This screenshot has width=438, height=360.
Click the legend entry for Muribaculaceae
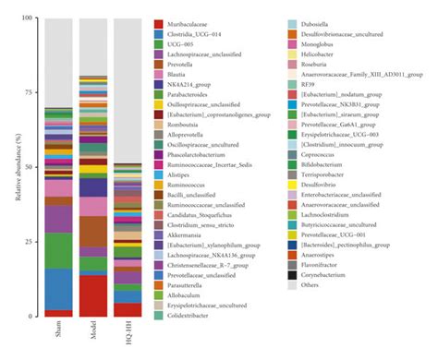tap(190, 24)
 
